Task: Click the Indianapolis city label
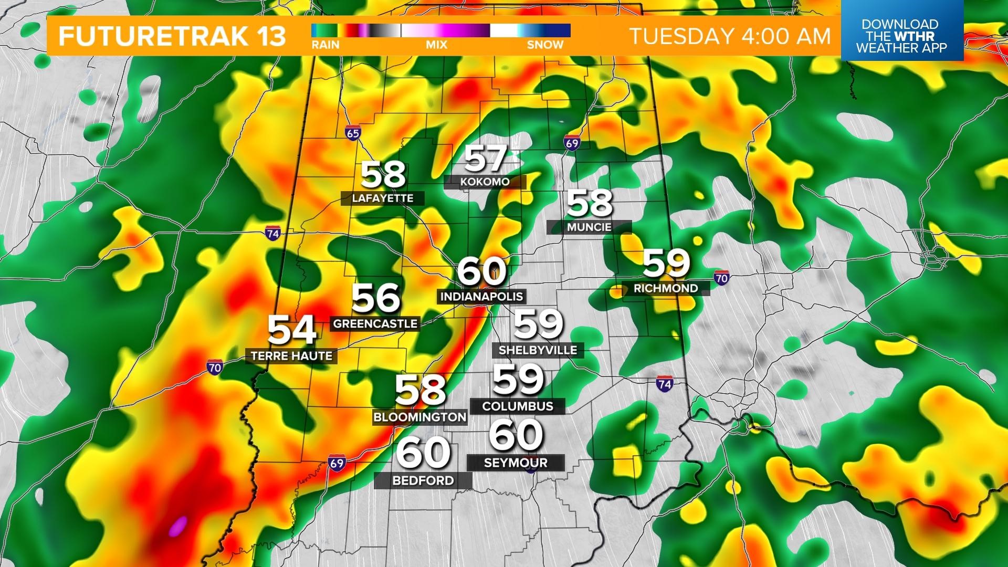point(481,296)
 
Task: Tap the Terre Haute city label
point(291,356)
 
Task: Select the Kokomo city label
point(485,182)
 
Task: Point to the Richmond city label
point(666,288)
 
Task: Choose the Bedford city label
point(423,480)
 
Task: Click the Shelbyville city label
point(538,350)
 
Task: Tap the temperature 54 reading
point(292,330)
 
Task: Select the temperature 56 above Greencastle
point(376,298)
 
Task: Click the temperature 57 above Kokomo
point(486,158)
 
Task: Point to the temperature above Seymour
point(516,435)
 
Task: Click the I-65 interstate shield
point(353,133)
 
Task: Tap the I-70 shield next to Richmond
point(722,278)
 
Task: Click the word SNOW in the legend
point(545,45)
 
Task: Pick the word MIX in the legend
point(436,45)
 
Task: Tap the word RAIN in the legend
point(325,45)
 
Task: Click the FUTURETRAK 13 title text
point(172,36)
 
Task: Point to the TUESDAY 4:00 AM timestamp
point(730,36)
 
